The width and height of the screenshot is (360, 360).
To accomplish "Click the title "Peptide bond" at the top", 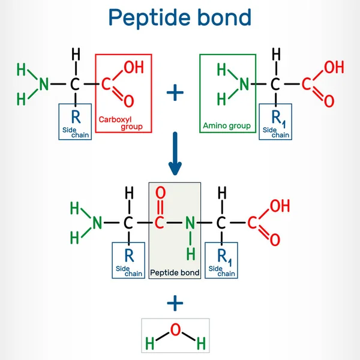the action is coord(179,17).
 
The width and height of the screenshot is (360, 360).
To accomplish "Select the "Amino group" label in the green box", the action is coord(227,127).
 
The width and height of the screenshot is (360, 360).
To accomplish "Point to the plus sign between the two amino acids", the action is coord(175,92).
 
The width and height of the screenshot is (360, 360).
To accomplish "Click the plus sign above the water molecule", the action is coord(175,304).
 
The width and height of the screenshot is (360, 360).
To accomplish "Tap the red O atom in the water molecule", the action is coord(175,329).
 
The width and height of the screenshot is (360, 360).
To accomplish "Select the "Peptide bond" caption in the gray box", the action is coord(174,272).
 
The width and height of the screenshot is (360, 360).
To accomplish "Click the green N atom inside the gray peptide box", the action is coord(190,223).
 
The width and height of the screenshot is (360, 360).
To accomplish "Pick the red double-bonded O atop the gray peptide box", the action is coord(160,194).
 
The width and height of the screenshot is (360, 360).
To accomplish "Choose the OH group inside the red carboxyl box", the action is coord(133,67).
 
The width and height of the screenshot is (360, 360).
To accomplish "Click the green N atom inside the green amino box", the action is coord(244,83).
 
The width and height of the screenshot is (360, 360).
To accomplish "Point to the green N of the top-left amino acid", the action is coord(44,83).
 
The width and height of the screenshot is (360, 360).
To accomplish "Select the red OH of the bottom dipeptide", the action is coord(280,207).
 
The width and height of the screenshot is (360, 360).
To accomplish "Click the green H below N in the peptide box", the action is coord(190,254).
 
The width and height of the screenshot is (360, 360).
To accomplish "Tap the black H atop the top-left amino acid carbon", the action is coord(76,55).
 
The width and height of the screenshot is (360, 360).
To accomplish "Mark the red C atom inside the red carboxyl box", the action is coord(106,83).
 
